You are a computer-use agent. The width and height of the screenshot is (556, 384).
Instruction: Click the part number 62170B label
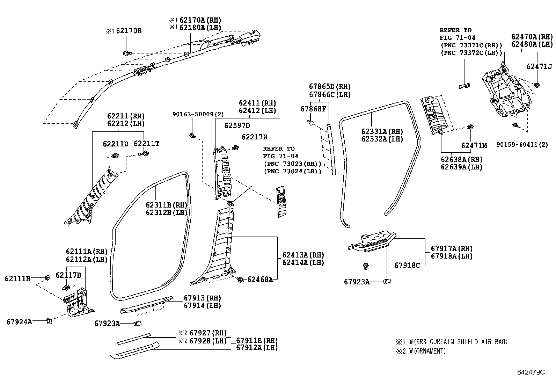click(129, 31)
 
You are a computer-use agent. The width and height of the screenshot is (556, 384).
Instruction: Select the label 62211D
click(115, 144)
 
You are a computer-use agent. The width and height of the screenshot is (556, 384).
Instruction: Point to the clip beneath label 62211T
click(145, 153)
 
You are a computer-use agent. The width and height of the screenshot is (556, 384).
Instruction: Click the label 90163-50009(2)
click(198, 114)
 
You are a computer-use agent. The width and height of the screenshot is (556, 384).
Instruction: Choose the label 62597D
click(237, 125)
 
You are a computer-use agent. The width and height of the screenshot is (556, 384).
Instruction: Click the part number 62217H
click(254, 137)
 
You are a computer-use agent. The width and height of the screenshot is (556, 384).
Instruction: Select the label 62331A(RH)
click(382, 131)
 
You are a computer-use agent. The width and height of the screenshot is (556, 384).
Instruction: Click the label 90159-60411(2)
click(522, 144)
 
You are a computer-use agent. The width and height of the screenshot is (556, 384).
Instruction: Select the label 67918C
click(407, 266)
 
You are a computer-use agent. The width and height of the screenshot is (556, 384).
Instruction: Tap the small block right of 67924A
click(49, 321)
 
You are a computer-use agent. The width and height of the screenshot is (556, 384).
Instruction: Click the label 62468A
click(260, 279)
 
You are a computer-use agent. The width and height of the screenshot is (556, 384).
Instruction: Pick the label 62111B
click(17, 278)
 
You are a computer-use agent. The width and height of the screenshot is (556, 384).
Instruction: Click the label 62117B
click(68, 275)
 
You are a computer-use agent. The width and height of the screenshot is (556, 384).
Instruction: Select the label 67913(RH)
click(202, 298)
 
